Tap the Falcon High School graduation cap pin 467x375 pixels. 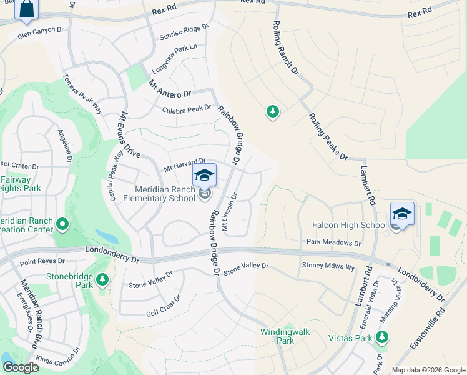pos(402,213)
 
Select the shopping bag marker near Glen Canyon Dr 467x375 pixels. pos(27,9)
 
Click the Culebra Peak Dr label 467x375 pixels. pos(187,109)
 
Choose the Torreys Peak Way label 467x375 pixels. pos(82,93)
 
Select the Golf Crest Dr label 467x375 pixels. pos(163,306)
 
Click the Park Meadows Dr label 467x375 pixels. pos(333,242)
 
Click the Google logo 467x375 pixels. pos(21,367)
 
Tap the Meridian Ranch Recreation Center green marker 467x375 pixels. pos(62,223)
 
